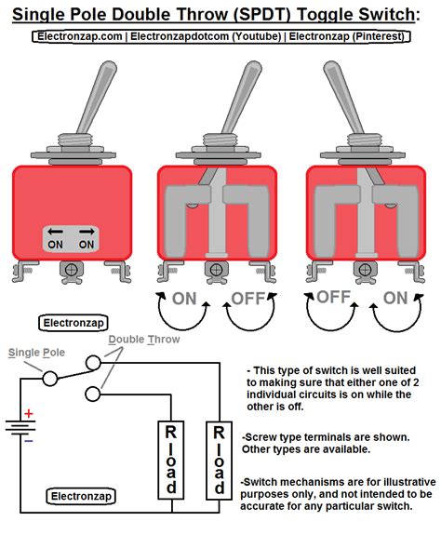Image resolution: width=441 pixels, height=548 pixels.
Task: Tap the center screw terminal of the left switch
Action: click(x=70, y=271)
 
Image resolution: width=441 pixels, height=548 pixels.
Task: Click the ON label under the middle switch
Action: click(x=183, y=300)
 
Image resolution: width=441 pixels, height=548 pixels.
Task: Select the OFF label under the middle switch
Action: click(x=247, y=300)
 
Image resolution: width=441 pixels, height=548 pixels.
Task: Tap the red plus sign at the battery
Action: click(x=28, y=413)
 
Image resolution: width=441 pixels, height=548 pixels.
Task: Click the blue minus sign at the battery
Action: click(x=28, y=441)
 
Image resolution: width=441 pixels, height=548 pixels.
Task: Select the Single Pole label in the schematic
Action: click(x=33, y=353)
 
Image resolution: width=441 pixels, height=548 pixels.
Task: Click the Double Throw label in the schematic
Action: click(x=143, y=340)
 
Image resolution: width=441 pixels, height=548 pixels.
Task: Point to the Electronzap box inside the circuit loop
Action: click(x=81, y=497)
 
